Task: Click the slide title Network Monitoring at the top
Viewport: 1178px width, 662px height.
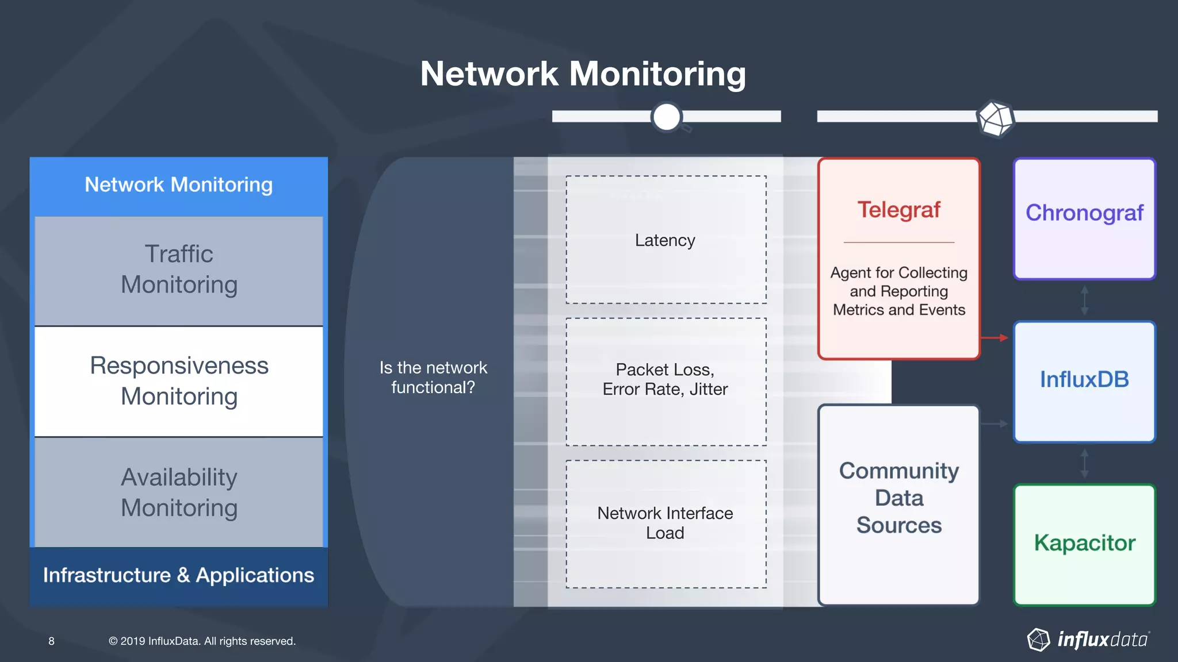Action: [583, 74]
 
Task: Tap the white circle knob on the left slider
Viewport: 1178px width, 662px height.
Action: [667, 117]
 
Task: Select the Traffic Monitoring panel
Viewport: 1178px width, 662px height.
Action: [179, 270]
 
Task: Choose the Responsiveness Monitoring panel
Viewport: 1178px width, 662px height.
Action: [179, 381]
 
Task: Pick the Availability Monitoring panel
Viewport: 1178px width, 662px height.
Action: [179, 492]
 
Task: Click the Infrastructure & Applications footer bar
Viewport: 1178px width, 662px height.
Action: [179, 576]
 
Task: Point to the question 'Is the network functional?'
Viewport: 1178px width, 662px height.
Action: [433, 378]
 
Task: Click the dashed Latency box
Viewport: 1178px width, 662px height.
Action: [666, 240]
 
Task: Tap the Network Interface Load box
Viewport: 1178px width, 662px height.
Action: [666, 523]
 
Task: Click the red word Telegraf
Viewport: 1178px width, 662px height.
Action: [899, 210]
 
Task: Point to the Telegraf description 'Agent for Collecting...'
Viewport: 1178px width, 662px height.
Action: [899, 291]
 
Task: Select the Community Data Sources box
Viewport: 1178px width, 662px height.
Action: [899, 498]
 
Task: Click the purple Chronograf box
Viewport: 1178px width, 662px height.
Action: [1084, 218]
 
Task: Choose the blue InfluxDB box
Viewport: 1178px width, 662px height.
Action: [1084, 380]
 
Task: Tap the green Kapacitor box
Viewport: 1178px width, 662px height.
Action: [1084, 544]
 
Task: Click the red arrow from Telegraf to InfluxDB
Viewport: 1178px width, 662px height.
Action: [995, 338]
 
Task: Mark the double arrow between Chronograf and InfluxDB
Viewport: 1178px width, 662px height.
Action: [1084, 300]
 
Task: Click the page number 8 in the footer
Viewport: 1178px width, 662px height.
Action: [51, 641]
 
